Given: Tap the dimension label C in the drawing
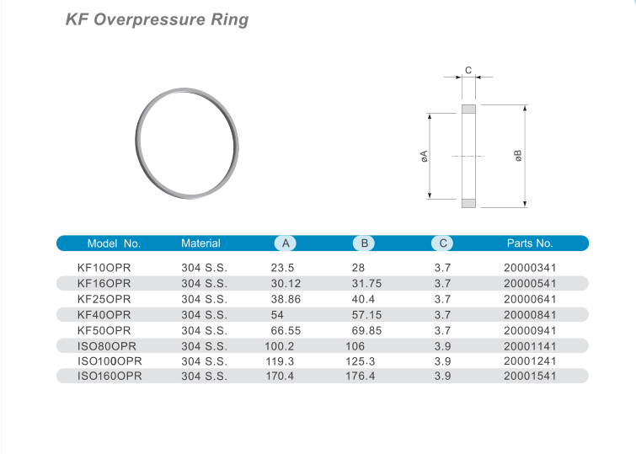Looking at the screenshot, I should [x=468, y=70].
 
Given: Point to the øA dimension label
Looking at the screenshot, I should [x=425, y=156].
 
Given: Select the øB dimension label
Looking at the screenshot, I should [x=518, y=156].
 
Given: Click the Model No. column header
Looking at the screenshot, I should [x=114, y=243].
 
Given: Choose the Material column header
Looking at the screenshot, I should [x=200, y=243].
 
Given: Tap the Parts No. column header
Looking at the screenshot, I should [x=530, y=243].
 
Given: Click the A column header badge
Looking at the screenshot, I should [x=286, y=243].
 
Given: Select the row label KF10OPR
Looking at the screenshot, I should [x=104, y=267].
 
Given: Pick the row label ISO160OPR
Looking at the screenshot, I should [x=110, y=376].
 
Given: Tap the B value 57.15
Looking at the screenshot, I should [x=366, y=314].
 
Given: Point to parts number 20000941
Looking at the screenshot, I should [x=530, y=329].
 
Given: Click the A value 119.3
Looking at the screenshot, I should [x=281, y=361].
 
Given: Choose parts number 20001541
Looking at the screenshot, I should [x=530, y=376].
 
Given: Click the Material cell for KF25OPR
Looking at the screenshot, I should [x=204, y=298].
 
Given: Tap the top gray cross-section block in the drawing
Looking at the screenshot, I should [x=468, y=109].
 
